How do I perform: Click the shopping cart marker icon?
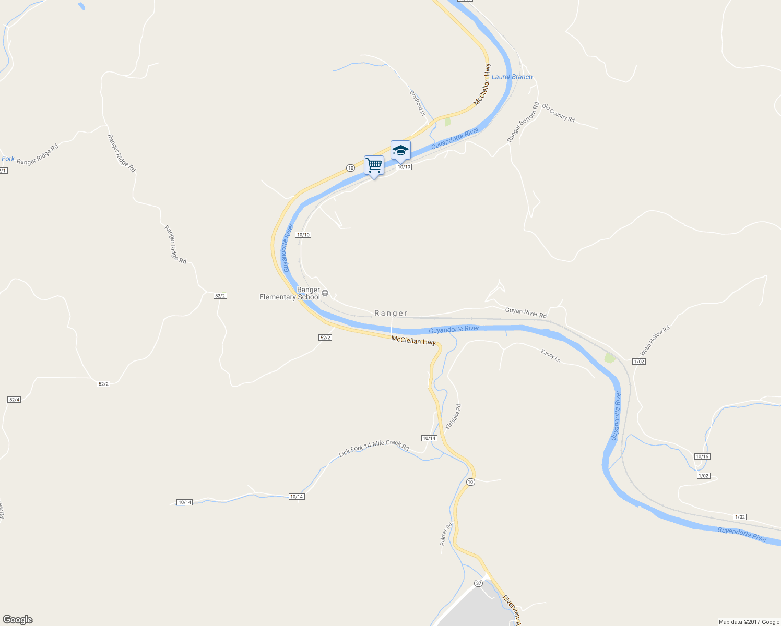point(374,165)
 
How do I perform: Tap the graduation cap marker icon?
point(400,150)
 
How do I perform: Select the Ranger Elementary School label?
point(290,294)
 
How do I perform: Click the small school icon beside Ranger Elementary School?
point(325,293)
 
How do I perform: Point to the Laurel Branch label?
point(512,77)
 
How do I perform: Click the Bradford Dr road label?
point(418,103)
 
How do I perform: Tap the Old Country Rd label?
point(558,113)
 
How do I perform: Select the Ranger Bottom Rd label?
point(523,123)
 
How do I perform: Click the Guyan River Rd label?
point(526,313)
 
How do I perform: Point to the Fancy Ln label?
point(551,356)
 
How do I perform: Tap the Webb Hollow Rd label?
point(655,340)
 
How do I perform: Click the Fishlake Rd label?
point(453,417)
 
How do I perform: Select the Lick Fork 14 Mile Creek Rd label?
point(374,448)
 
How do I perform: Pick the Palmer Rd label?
point(445,534)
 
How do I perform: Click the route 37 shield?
point(479,583)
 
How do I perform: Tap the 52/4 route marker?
point(14,400)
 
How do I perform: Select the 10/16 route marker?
point(702,456)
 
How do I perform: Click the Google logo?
point(18,620)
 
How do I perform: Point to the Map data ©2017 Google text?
point(749,622)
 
